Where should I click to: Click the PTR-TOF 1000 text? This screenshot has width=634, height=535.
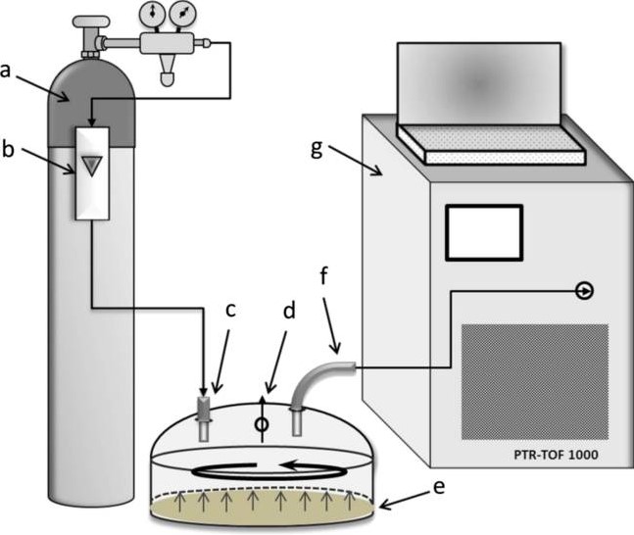(557, 455)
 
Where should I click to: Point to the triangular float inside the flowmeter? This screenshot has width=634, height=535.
(92, 167)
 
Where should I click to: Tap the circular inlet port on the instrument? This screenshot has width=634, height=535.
(585, 291)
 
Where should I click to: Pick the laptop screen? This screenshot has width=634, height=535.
(478, 85)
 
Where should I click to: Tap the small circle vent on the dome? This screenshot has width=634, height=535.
(263, 425)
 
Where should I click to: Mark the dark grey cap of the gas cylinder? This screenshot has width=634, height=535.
(92, 98)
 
